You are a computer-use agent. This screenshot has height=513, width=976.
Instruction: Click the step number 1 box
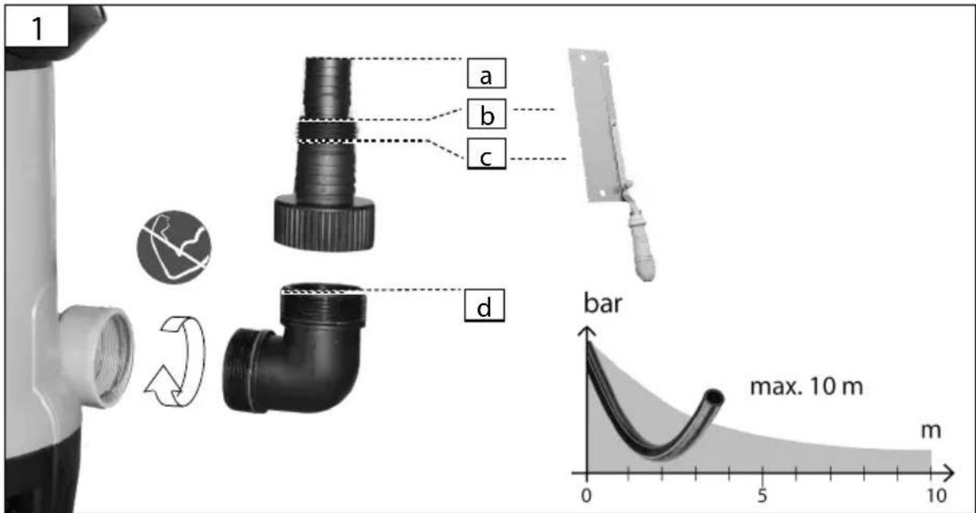coord(37,26)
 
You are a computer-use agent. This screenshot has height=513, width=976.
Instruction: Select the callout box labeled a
coord(486,74)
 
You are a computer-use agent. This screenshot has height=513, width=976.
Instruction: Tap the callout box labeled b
coord(487,114)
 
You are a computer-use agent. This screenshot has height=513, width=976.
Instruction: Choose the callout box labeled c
coord(486,154)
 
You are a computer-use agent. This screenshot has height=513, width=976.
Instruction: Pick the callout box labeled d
coord(484,305)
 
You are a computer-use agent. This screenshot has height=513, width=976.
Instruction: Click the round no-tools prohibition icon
coord(174,247)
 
